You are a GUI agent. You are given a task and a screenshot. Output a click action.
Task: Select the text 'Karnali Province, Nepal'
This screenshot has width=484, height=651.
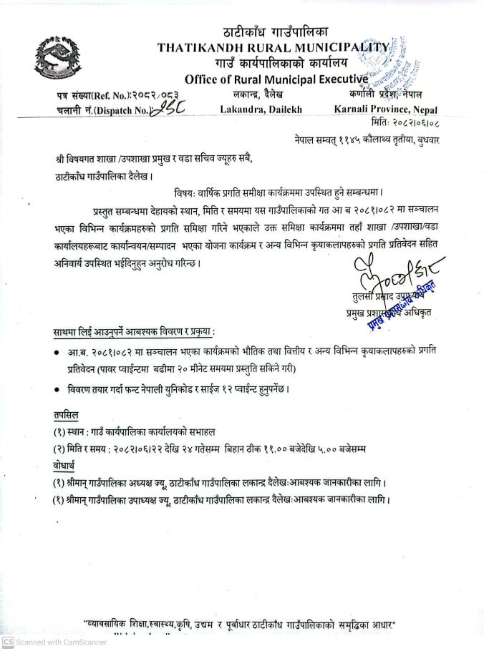[x=386, y=109]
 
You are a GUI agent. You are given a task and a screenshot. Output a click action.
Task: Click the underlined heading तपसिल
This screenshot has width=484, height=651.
[x=67, y=415]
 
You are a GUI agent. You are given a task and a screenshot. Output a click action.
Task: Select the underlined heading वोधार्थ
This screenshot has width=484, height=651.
[x=65, y=465]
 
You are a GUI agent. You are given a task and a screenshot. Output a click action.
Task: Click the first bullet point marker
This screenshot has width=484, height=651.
[x=57, y=352]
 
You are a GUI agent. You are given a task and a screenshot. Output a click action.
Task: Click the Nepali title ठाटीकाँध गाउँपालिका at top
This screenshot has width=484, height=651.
[x=276, y=31]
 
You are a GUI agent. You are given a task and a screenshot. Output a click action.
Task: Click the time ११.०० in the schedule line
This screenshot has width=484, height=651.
[x=273, y=449]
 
